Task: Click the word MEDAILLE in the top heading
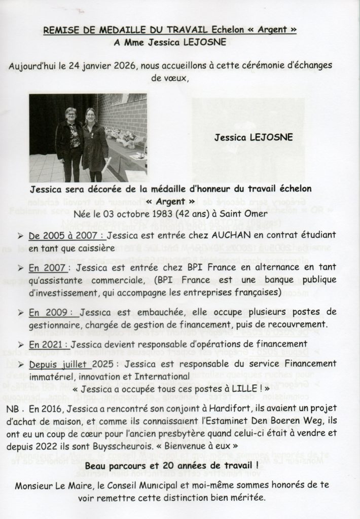tap(110, 30)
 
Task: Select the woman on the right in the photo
tap(94, 145)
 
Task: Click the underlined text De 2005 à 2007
tap(72, 236)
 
